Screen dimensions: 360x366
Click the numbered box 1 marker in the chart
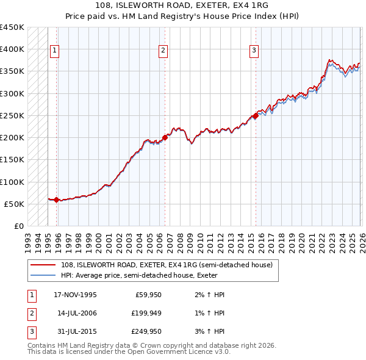pos(55,51)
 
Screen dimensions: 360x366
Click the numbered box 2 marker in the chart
pos(163,51)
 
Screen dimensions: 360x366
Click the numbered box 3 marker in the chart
pos(254,51)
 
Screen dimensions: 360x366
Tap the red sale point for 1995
pos(57,200)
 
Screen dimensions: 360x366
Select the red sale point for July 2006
pos(165,138)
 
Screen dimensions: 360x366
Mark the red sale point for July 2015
pos(256,116)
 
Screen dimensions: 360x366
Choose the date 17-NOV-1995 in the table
pos(75,295)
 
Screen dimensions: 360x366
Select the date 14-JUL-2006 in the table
pos(75,313)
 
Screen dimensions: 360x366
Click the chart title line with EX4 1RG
pos(183,7)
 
